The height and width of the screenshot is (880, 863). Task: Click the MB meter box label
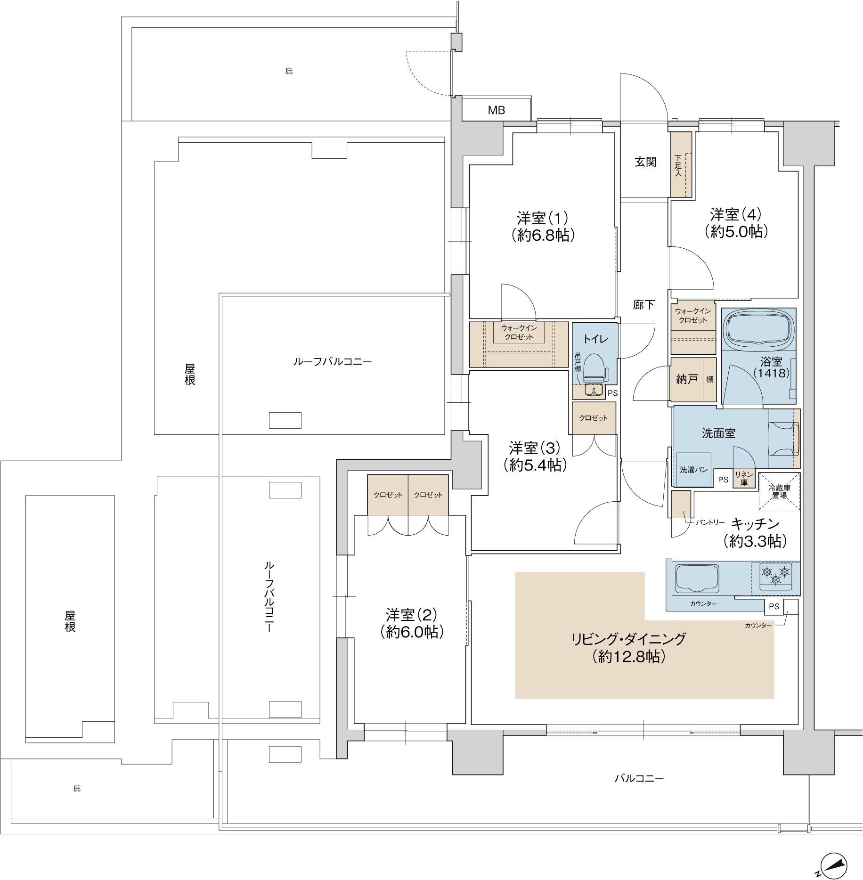click(x=496, y=110)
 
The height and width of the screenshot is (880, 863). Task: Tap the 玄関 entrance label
click(x=645, y=162)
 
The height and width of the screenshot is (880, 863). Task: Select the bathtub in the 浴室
click(x=758, y=331)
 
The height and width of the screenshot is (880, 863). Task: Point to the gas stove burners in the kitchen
click(x=775, y=576)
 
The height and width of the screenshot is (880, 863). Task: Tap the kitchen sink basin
click(x=697, y=578)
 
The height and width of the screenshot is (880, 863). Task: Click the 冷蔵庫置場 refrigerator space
click(x=779, y=491)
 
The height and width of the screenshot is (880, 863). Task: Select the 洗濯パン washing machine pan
click(x=693, y=470)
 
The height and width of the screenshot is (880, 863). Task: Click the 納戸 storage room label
click(x=686, y=379)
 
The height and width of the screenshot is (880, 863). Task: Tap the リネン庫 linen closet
click(x=744, y=479)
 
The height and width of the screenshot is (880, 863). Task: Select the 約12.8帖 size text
click(x=629, y=657)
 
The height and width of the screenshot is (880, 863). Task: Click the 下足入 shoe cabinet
click(x=681, y=164)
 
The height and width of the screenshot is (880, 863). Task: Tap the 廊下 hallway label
click(x=643, y=305)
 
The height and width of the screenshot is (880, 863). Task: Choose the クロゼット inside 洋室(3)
click(x=594, y=418)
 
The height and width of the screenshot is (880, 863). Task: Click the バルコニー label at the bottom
click(x=639, y=778)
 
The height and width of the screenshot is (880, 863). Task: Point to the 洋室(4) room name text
click(x=736, y=214)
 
